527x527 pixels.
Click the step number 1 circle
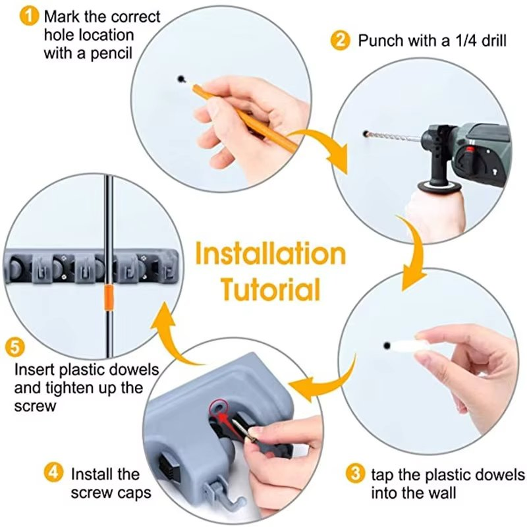pos(29,16)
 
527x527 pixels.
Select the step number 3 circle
pos(355,474)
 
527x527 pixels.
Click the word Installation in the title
pos(270,254)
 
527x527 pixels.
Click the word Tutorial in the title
pos(270,289)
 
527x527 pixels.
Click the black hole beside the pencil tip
pos(180,79)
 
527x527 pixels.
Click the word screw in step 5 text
pos(34,406)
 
